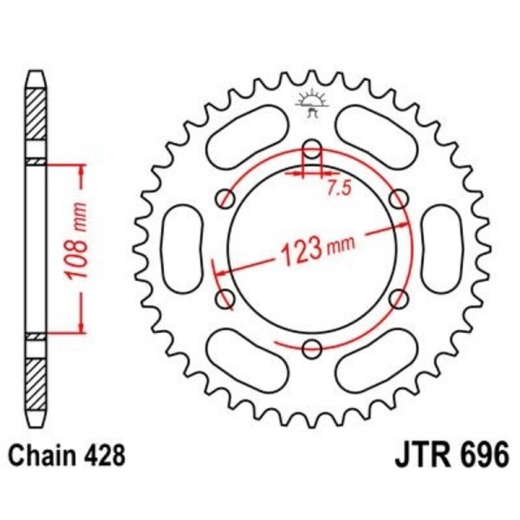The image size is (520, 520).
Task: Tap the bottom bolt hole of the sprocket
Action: click(x=312, y=349)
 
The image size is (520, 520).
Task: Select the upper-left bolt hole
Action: click(x=226, y=198)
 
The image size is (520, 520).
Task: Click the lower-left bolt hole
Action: click(x=226, y=300)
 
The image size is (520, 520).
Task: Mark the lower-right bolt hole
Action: click(x=399, y=300)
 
